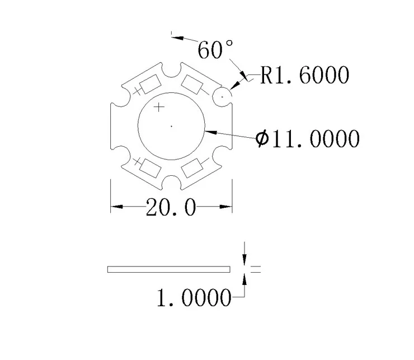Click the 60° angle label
coord(215,50)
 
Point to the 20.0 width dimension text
coord(171,208)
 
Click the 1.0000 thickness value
coord(193,298)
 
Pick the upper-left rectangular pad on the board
coord(149,86)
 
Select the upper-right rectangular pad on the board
coord(193,86)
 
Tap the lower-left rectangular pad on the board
coord(149,166)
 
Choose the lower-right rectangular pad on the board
coord(193,166)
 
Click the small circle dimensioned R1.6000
coord(222,96)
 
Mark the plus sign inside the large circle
coord(159,107)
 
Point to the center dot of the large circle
coord(171,126)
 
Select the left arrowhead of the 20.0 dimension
coord(115,208)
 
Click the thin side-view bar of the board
coord(168,269)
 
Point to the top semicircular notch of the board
coord(171,70)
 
